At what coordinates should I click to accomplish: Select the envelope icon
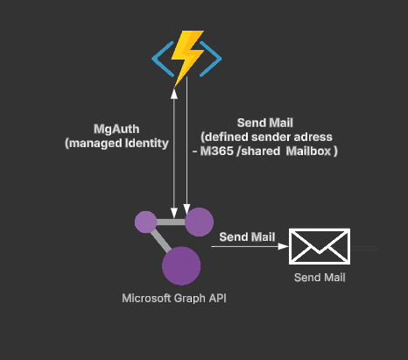click(320, 247)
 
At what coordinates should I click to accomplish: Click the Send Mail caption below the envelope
click(319, 278)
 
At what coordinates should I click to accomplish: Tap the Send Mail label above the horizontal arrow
click(247, 236)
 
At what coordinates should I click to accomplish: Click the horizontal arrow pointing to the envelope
click(250, 248)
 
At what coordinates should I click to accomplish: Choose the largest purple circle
click(181, 265)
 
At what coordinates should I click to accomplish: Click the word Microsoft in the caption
click(144, 299)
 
